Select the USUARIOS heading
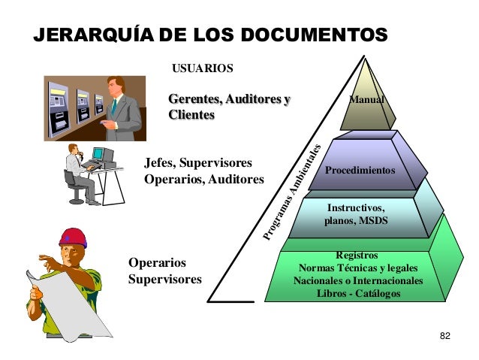[203, 69]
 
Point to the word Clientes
[191, 115]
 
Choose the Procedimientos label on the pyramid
[360, 171]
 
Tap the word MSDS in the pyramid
[371, 221]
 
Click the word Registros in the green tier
[357, 256]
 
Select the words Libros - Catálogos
[358, 293]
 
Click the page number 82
[444, 334]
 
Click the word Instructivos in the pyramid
[356, 207]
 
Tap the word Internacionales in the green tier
[386, 280]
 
